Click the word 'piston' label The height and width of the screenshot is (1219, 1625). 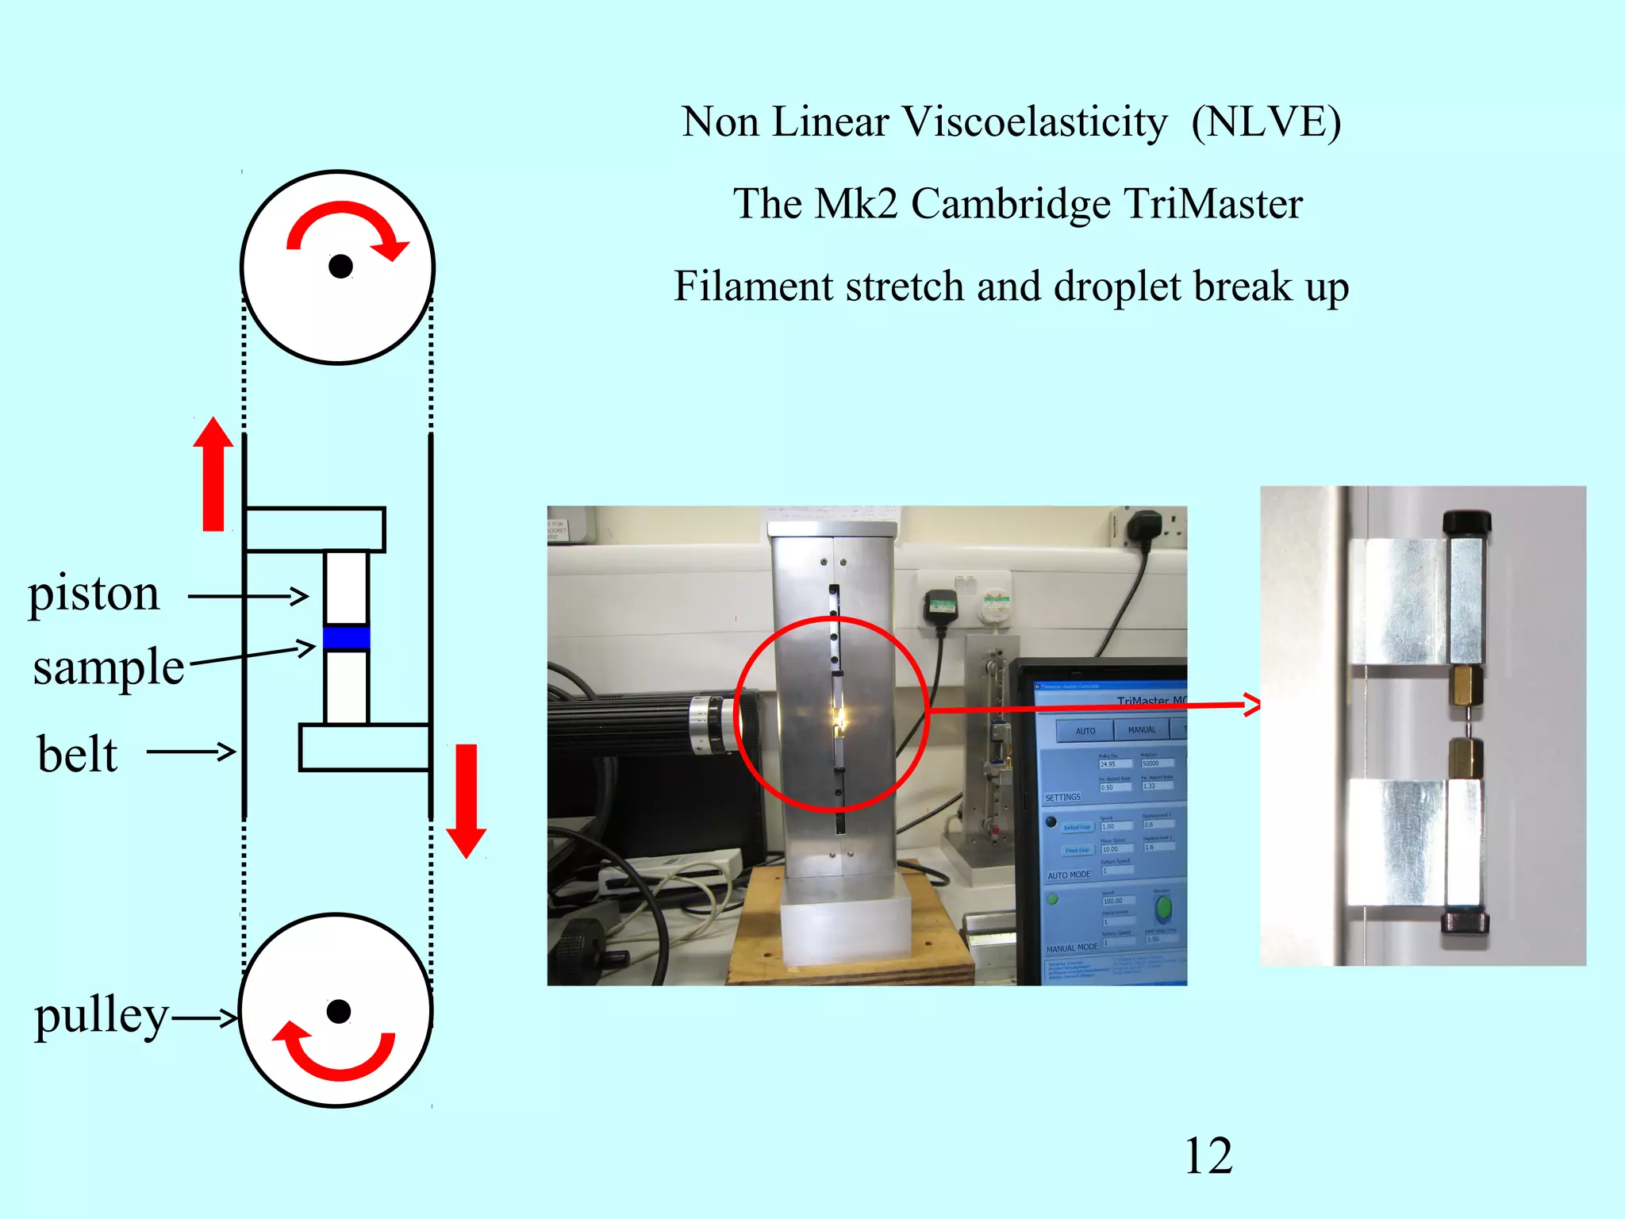94,594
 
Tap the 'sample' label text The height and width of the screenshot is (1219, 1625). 109,667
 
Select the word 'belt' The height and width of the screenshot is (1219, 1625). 77,753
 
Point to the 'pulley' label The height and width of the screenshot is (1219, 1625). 101,1015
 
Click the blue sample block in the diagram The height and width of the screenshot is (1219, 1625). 347,638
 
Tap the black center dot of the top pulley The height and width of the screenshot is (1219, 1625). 340,267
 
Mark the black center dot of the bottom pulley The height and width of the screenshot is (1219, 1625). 339,1011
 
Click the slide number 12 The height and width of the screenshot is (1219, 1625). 1208,1156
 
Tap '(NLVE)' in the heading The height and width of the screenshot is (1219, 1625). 1266,122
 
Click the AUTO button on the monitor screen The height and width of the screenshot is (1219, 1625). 1085,730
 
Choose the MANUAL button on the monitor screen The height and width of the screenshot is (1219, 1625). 1141,730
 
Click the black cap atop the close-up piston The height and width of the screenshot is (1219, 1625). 1466,522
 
